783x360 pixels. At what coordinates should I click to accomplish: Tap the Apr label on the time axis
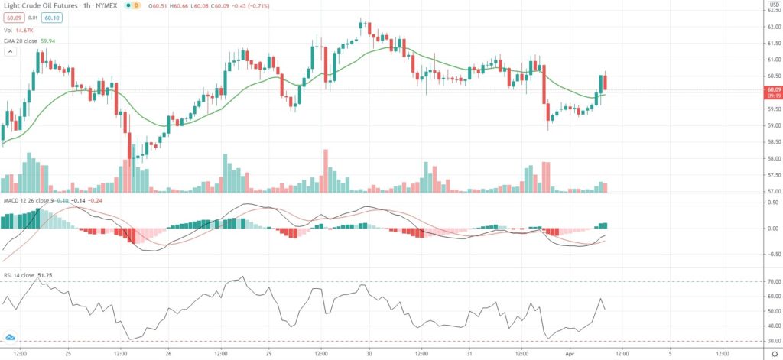(x=568, y=354)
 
